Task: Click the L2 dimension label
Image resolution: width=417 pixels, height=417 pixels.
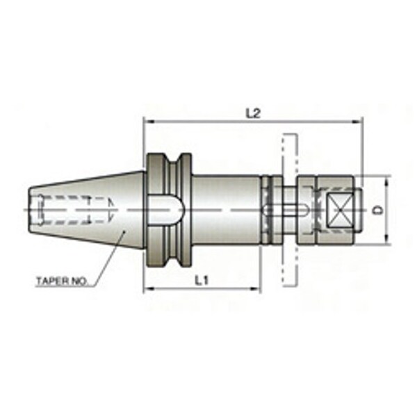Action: [252, 114]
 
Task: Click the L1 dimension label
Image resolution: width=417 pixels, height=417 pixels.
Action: [202, 280]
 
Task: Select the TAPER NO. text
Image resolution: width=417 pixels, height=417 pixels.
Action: [62, 281]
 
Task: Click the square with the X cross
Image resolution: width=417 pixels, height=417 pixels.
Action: [340, 210]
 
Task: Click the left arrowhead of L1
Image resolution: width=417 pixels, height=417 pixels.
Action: [149, 289]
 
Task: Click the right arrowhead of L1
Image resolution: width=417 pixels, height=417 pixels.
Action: [255, 289]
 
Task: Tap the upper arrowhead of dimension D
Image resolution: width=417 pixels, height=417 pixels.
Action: [386, 181]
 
